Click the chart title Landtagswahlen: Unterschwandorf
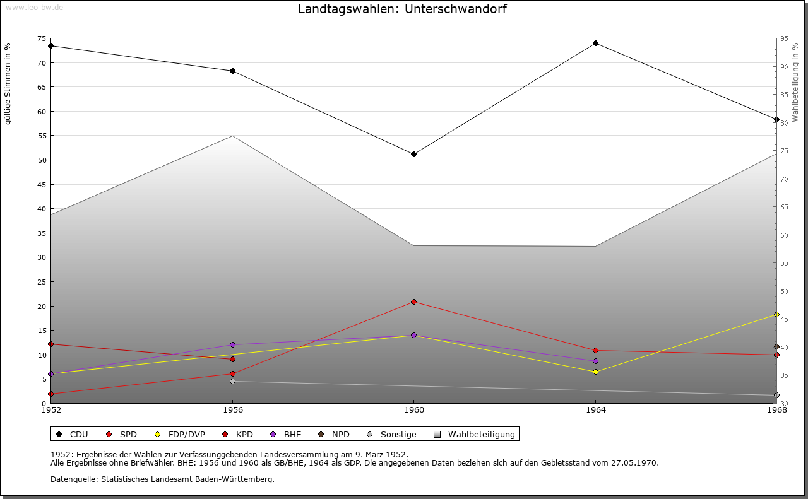pyautogui.click(x=402, y=9)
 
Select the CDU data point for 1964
pyautogui.click(x=595, y=44)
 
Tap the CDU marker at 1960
pyautogui.click(x=413, y=154)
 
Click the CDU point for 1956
pyautogui.click(x=232, y=71)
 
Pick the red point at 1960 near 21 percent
pyautogui.click(x=413, y=302)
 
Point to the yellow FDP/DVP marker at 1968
pyautogui.click(x=776, y=315)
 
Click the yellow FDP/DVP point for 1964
pyautogui.click(x=595, y=372)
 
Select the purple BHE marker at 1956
pyautogui.click(x=232, y=345)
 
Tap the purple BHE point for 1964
pyautogui.click(x=595, y=361)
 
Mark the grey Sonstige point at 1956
pyautogui.click(x=232, y=382)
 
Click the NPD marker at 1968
pyautogui.click(x=776, y=347)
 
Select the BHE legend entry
pyautogui.click(x=287, y=434)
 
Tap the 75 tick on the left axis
pyautogui.click(x=42, y=39)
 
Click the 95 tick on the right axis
pyautogui.click(x=784, y=39)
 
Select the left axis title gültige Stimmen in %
pyautogui.click(x=8, y=83)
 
